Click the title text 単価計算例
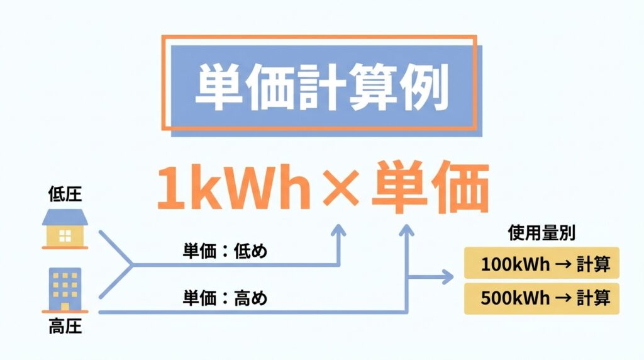pyautogui.click(x=321, y=87)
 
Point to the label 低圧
pyautogui.click(x=65, y=195)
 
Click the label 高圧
pyautogui.click(x=65, y=328)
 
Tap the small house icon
pyautogui.click(x=65, y=229)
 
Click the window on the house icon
pyautogui.click(x=65, y=236)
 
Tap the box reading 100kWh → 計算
pyautogui.click(x=541, y=264)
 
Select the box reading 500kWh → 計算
pyautogui.click(x=541, y=298)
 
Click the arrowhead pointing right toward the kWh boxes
pyautogui.click(x=447, y=276)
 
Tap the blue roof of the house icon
pyautogui.click(x=65, y=218)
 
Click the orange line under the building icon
pyautogui.click(x=65, y=312)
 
